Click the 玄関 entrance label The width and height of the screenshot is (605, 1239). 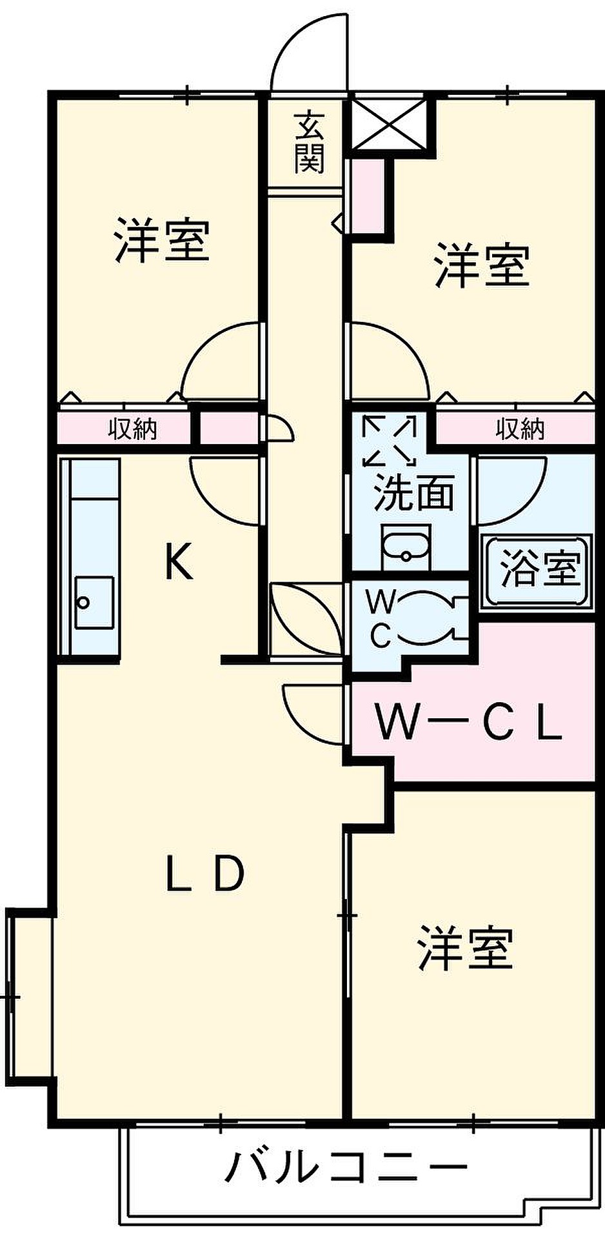point(309,143)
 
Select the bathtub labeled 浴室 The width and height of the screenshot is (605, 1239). point(537,570)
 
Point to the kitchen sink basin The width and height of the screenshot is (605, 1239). point(94,602)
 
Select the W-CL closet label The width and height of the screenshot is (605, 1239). point(469,723)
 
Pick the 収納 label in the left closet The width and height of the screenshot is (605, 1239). point(132,428)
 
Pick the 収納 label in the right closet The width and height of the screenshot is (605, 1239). point(520,428)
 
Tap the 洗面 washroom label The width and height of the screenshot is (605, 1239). point(414,492)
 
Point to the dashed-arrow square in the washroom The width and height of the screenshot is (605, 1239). point(390,441)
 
